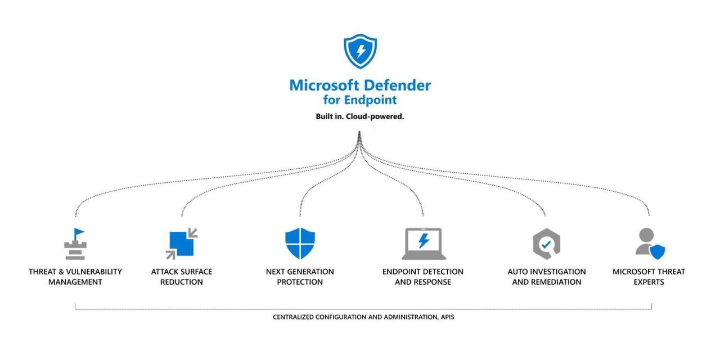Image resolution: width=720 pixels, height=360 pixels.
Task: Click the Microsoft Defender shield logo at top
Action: (x=360, y=51)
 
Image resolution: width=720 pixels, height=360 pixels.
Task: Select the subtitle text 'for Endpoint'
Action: (x=360, y=100)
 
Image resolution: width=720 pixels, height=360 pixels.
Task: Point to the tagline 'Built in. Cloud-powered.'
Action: (x=360, y=117)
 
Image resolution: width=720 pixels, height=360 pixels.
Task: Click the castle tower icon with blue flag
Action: (x=75, y=244)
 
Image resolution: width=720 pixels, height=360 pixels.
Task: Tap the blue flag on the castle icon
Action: (x=79, y=232)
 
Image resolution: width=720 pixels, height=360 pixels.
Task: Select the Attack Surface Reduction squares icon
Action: (x=182, y=244)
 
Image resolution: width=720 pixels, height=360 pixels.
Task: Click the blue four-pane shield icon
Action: (x=300, y=244)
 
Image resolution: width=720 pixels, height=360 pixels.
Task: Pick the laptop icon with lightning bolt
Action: (x=423, y=244)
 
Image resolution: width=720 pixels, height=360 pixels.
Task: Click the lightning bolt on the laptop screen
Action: (x=424, y=241)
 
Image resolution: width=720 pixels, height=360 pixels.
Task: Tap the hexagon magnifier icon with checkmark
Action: (x=546, y=244)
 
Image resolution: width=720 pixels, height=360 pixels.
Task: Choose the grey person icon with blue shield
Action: (x=649, y=244)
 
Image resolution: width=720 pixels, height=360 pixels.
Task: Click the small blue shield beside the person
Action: (x=657, y=251)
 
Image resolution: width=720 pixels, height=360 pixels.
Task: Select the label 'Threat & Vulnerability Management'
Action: (x=75, y=277)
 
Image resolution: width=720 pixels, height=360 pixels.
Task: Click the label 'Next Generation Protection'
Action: (x=300, y=277)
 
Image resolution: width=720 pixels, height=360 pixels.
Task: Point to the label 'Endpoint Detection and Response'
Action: (x=423, y=277)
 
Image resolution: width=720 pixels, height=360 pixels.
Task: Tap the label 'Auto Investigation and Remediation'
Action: (x=546, y=277)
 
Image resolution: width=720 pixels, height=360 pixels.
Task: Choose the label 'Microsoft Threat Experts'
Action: (x=649, y=277)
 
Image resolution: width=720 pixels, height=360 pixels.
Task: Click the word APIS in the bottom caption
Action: (x=447, y=317)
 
